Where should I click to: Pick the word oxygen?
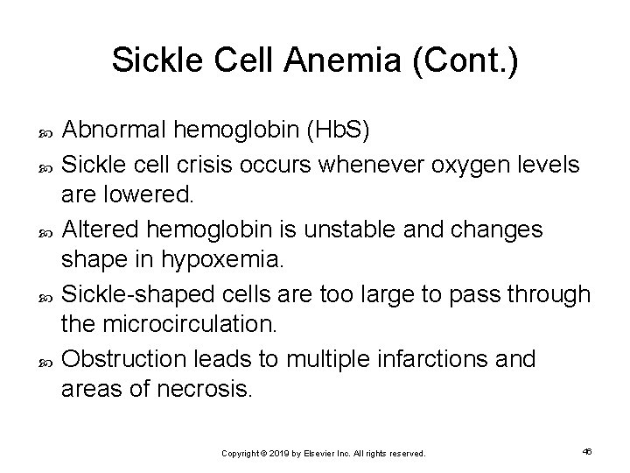[x=450, y=163]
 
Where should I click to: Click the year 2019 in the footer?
[x=276, y=454]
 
